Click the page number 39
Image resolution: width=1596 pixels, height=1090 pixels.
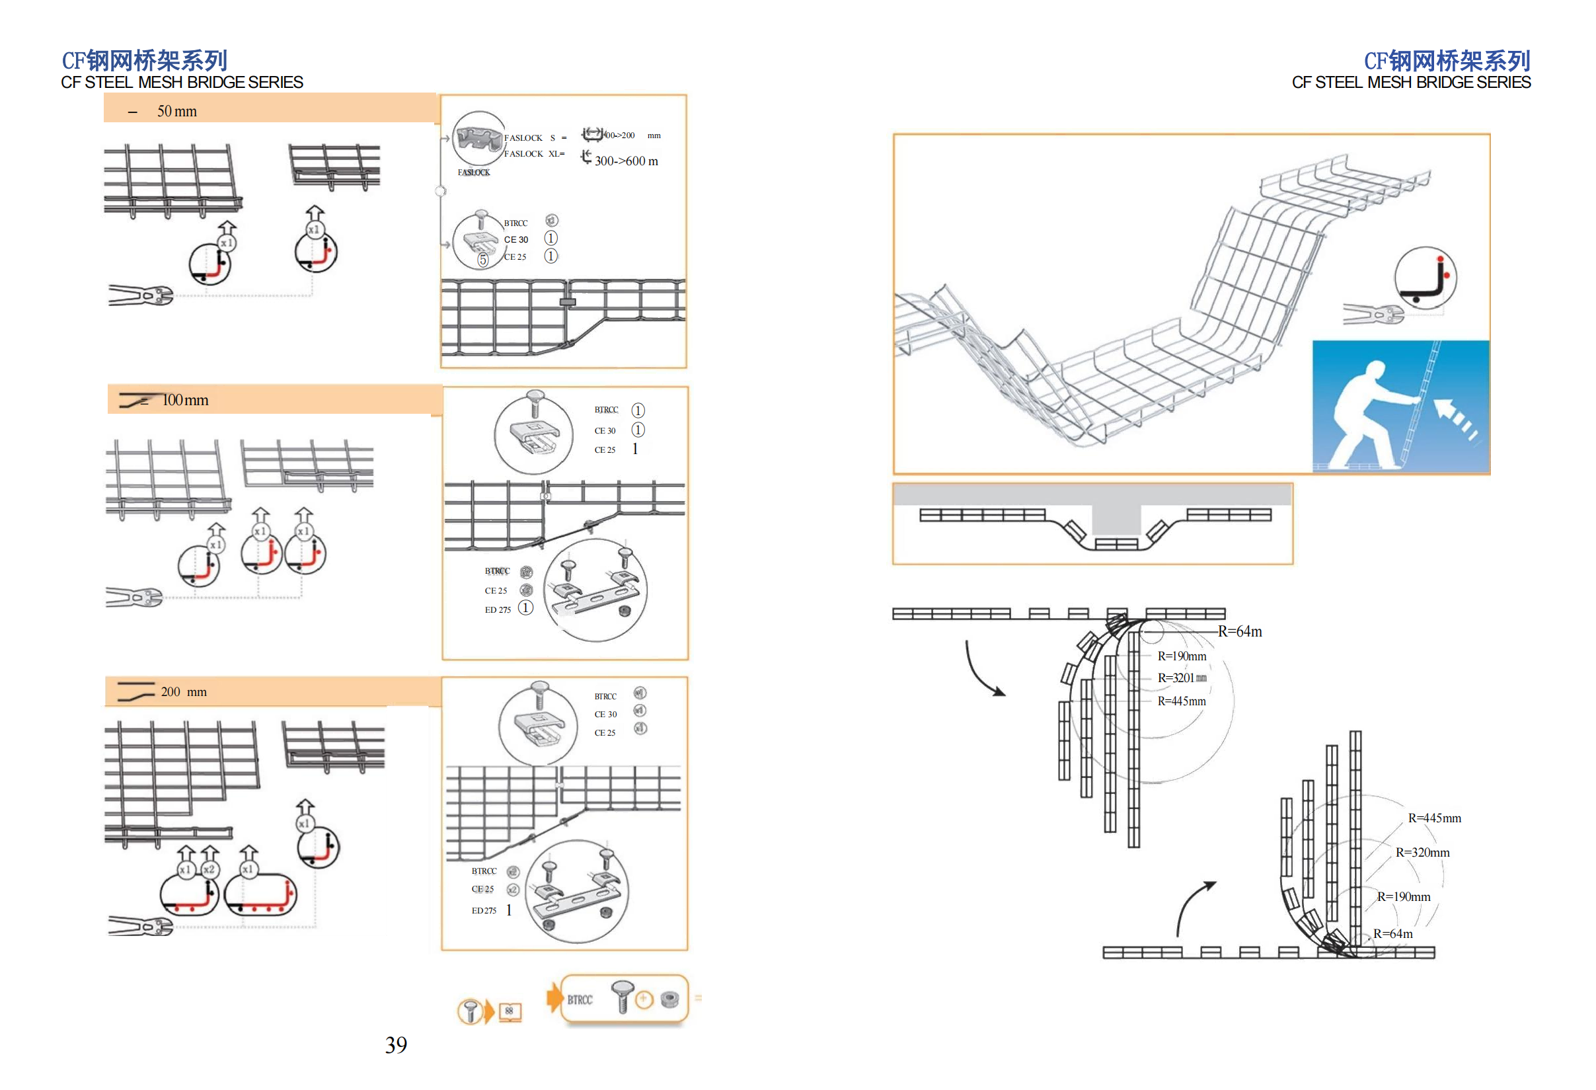[x=397, y=1044]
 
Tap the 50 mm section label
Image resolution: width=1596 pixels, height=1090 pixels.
[x=176, y=111]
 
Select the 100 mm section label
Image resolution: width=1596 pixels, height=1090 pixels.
[x=185, y=400]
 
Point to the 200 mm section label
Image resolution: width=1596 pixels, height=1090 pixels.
[x=183, y=691]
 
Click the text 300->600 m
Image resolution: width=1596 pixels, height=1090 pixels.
[x=626, y=161]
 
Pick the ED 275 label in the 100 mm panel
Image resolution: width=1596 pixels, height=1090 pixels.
[x=498, y=609]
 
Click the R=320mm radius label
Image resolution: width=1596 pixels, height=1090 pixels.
[x=1422, y=852]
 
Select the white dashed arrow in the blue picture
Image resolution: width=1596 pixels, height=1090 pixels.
[x=1456, y=419]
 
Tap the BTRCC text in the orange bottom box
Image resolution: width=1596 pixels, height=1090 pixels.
[x=580, y=999]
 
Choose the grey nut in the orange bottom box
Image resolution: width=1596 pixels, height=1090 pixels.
[x=669, y=999]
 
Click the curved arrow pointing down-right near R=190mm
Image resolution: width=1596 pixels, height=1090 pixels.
[x=982, y=670]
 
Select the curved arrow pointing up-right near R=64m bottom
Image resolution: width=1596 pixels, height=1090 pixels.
[x=1192, y=907]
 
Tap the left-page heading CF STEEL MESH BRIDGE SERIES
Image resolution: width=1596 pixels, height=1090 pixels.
[x=182, y=83]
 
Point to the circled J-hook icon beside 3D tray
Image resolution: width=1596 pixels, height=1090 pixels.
[x=1425, y=278]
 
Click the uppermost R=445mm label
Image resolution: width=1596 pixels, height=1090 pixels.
[x=1181, y=701]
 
